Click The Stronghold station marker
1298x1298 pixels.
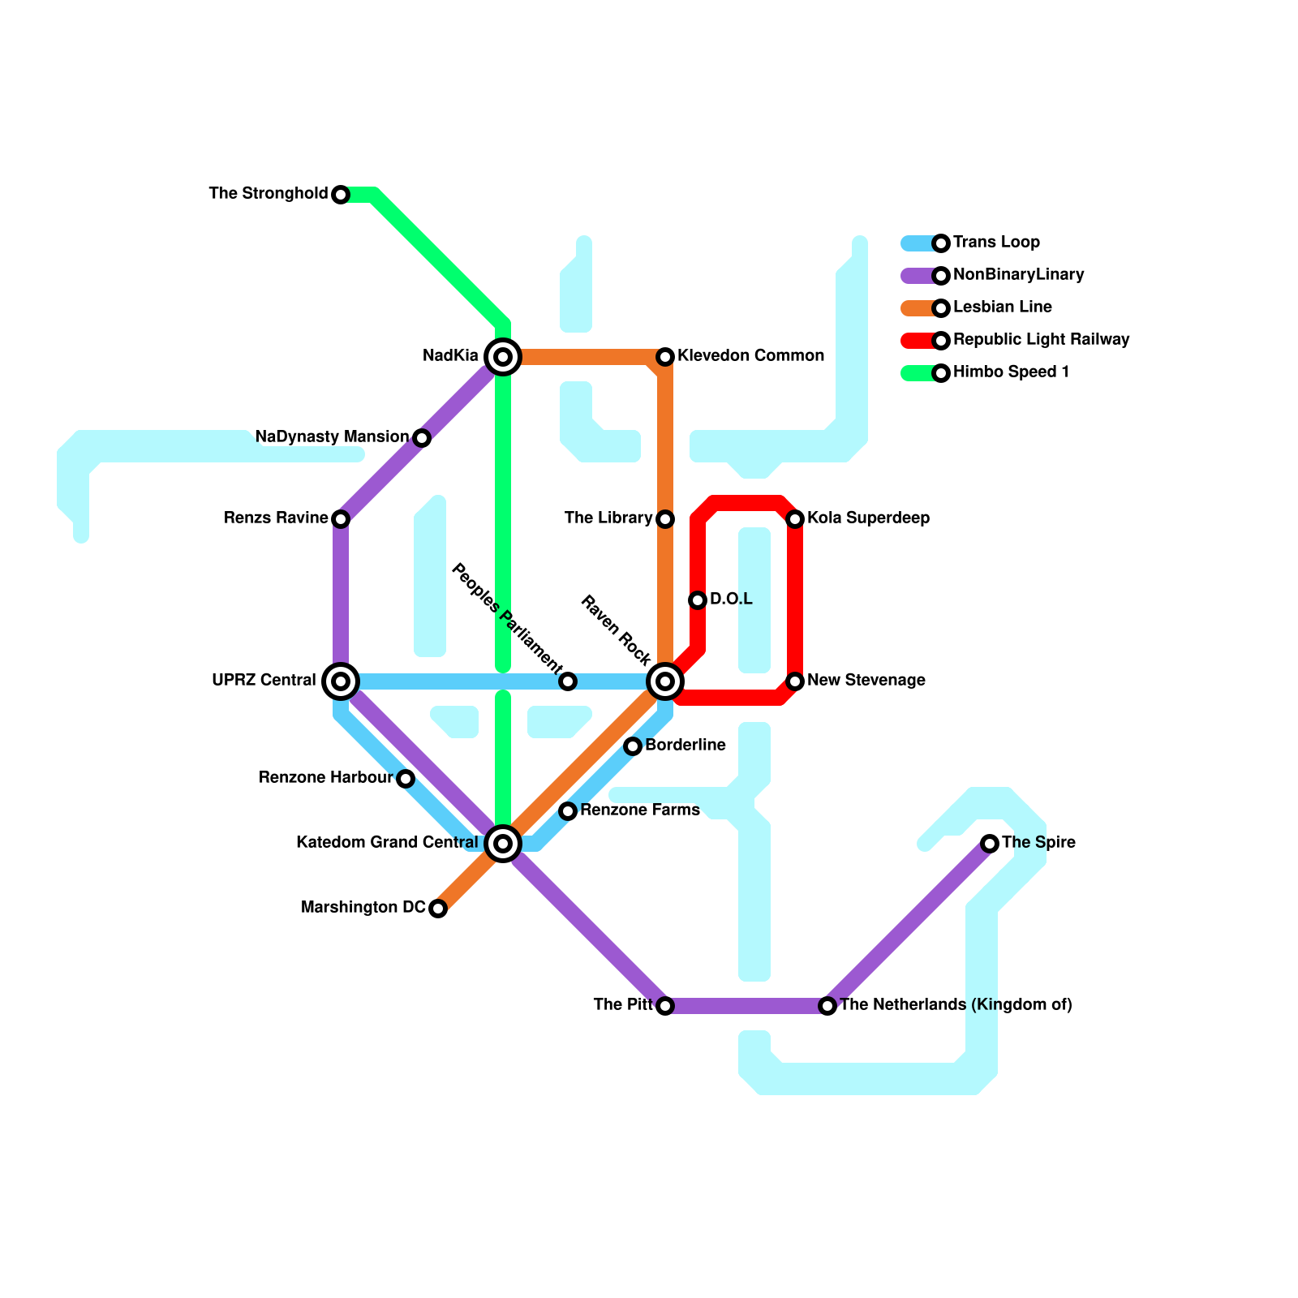click(x=341, y=195)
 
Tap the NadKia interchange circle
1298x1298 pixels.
click(x=503, y=357)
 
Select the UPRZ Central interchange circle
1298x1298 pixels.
click(x=341, y=681)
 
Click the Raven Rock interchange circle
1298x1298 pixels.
click(x=665, y=681)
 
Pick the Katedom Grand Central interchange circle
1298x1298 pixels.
click(x=503, y=844)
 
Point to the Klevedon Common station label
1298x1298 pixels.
click(x=750, y=356)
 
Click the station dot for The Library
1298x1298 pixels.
click(x=665, y=519)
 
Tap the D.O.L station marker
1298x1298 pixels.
click(x=698, y=600)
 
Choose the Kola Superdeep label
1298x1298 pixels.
click(x=868, y=518)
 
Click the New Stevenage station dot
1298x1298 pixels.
click(x=795, y=681)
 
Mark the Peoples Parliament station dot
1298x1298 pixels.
click(x=568, y=681)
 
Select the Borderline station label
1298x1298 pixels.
click(x=686, y=746)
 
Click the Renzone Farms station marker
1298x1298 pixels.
click(x=568, y=811)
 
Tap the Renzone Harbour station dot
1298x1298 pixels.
click(x=406, y=779)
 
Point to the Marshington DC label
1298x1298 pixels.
click(x=363, y=908)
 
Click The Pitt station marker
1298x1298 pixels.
click(x=665, y=1006)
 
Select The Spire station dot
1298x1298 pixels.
click(x=990, y=844)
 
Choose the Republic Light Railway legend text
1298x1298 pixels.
click(x=1041, y=340)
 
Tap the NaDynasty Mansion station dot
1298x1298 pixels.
click(x=422, y=438)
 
